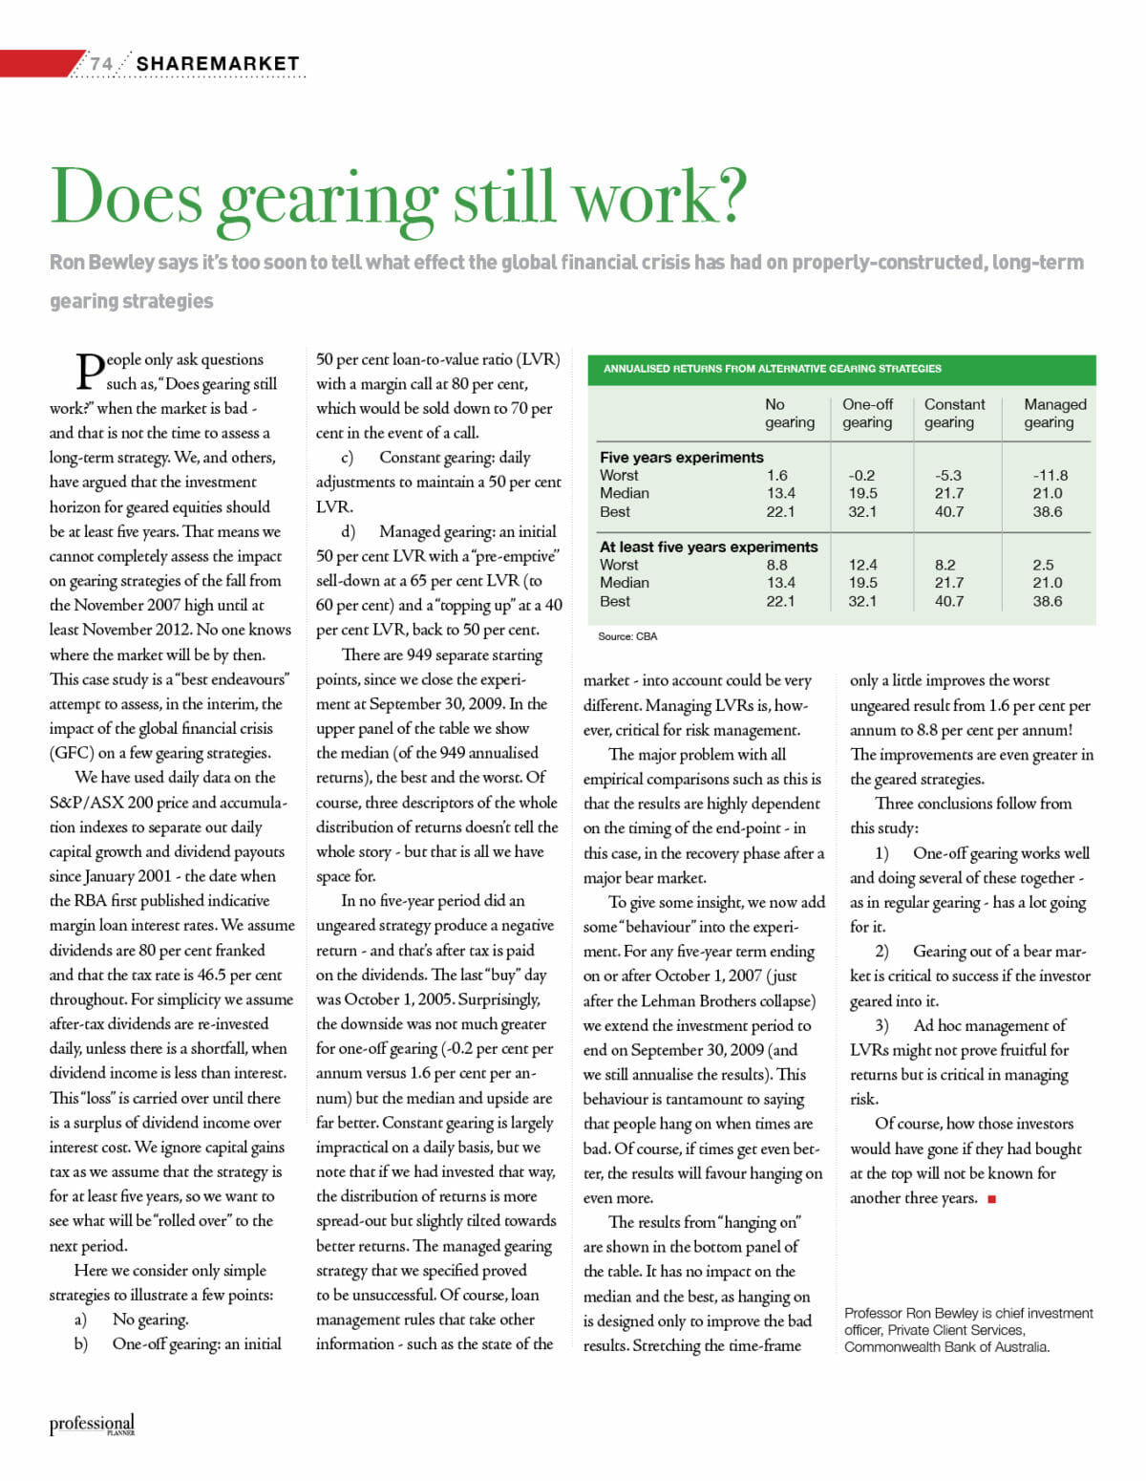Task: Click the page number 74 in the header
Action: pyautogui.click(x=101, y=64)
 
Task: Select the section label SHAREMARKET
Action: pyautogui.click(x=218, y=64)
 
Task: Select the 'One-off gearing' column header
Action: pyautogui.click(x=867, y=413)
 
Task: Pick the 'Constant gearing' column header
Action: pyautogui.click(x=953, y=413)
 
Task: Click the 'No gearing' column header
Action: pyautogui.click(x=789, y=413)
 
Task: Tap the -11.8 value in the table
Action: pyautogui.click(x=1050, y=475)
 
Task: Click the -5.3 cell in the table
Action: pyautogui.click(x=948, y=475)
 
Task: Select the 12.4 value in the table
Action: pyautogui.click(x=862, y=565)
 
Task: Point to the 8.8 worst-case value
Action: pyautogui.click(x=776, y=565)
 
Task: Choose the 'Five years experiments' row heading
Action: pyautogui.click(x=681, y=457)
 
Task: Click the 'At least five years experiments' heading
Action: pyautogui.click(x=708, y=547)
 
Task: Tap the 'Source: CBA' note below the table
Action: pyautogui.click(x=627, y=636)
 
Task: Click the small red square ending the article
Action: pyautogui.click(x=992, y=1199)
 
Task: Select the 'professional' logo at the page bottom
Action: pyautogui.click(x=92, y=1424)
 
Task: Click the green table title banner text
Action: pyautogui.click(x=772, y=369)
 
